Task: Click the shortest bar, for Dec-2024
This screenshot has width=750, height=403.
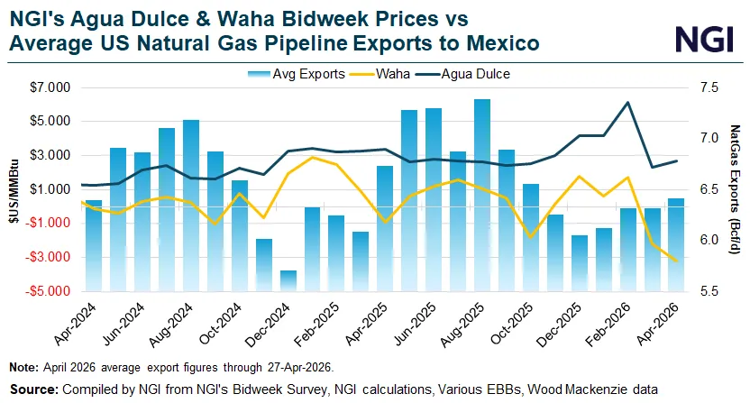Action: pyautogui.click(x=288, y=280)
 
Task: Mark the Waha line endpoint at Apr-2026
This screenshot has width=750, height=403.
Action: pyautogui.click(x=676, y=261)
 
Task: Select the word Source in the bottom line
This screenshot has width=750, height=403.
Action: pyautogui.click(x=31, y=389)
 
